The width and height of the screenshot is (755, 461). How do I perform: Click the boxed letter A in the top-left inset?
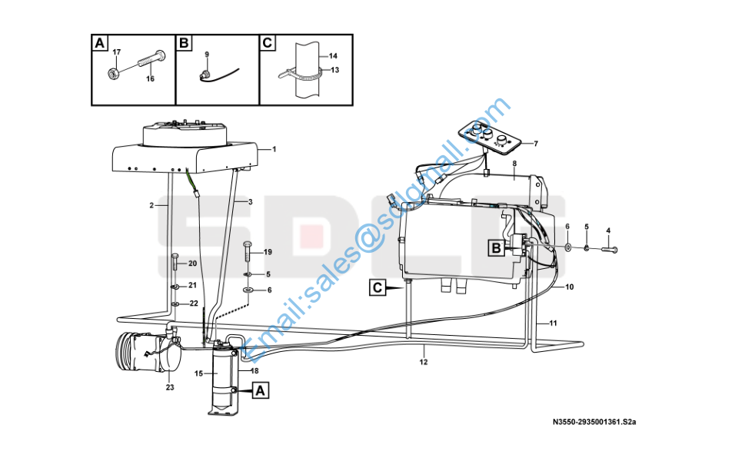pyautogui.click(x=99, y=43)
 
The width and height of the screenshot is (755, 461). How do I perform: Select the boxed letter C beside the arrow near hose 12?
pyautogui.click(x=377, y=287)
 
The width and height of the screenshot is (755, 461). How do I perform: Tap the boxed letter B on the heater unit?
pyautogui.click(x=495, y=248)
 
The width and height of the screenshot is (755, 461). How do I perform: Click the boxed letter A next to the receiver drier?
pyautogui.click(x=260, y=391)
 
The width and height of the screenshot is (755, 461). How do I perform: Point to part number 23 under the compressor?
pyautogui.click(x=170, y=387)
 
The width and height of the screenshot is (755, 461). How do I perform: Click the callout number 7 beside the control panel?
pyautogui.click(x=535, y=144)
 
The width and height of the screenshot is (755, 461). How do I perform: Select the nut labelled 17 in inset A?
pyautogui.click(x=113, y=74)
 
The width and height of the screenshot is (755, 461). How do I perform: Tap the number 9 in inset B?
pyautogui.click(x=207, y=55)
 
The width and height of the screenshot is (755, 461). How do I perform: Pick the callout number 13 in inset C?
pyautogui.click(x=334, y=70)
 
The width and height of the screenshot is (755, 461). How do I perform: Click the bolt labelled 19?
pyautogui.click(x=248, y=250)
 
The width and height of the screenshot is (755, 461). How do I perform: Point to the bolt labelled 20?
pyautogui.click(x=175, y=263)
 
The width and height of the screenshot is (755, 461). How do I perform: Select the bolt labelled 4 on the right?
pyautogui.click(x=609, y=249)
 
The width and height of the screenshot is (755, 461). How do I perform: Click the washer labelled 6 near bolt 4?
pyautogui.click(x=568, y=247)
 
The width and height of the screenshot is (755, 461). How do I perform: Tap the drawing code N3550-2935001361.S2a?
pyautogui.click(x=594, y=422)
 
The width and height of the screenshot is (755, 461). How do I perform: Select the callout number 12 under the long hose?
pyautogui.click(x=423, y=362)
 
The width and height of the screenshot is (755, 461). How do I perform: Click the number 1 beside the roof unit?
pyautogui.click(x=274, y=149)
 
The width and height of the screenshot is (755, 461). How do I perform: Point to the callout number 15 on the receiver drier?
pyautogui.click(x=198, y=373)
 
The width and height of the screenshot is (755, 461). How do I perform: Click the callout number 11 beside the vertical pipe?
pyautogui.click(x=553, y=323)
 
